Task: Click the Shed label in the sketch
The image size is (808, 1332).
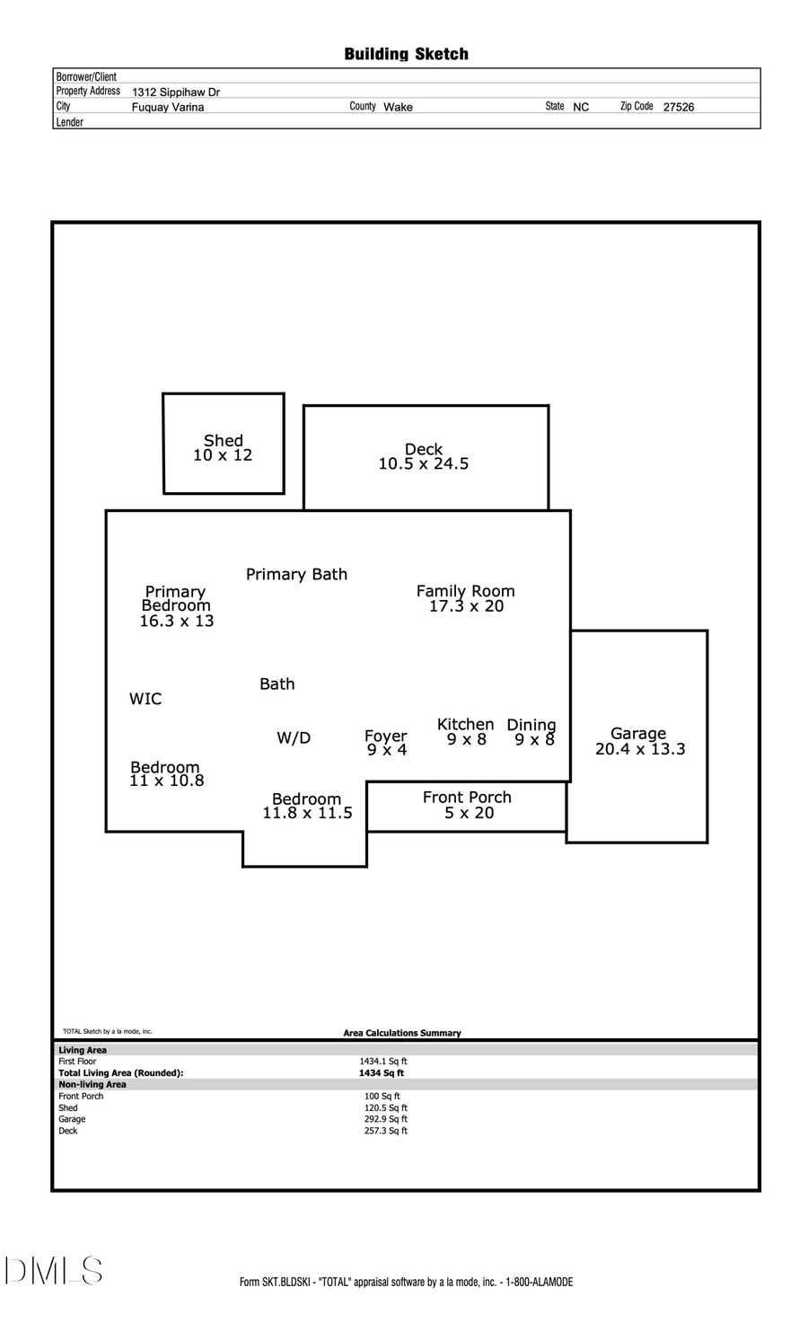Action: point(223,440)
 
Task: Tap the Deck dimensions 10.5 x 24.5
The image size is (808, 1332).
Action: point(423,464)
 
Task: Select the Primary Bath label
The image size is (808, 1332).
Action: point(296,574)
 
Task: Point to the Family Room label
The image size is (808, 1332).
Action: point(465,591)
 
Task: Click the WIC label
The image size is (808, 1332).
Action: point(145,699)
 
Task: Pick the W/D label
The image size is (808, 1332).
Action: point(294,738)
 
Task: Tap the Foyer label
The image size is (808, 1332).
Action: point(385,736)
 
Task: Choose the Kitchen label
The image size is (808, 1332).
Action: point(465,724)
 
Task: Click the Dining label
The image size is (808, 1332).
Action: point(531,725)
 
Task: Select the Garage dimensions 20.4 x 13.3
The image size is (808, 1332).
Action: point(639,749)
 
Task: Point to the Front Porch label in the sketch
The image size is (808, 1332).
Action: point(467,797)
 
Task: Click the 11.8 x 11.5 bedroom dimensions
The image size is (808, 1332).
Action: point(307,814)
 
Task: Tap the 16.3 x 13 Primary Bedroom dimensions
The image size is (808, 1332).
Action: point(177,622)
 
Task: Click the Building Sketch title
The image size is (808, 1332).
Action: point(406,54)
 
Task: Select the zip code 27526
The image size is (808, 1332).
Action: point(678,107)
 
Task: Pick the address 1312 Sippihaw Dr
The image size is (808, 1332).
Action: point(176,92)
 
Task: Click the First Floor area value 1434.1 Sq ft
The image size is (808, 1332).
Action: point(383,1061)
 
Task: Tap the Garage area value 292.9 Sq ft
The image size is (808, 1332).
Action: point(385,1119)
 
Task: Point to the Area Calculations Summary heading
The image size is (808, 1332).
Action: point(401,1033)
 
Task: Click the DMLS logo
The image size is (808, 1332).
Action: point(54,1271)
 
